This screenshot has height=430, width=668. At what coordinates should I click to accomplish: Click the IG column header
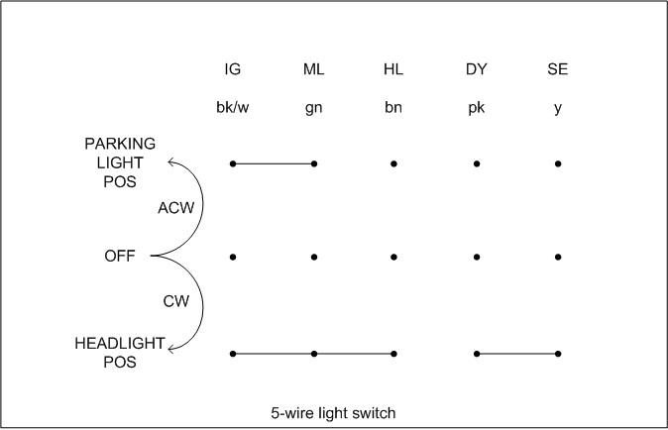coord(233,69)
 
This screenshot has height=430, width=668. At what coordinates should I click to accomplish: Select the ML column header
coord(313,69)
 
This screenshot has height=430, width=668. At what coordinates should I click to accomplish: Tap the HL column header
coord(393,69)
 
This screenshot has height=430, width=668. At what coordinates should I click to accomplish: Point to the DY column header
coord(477,69)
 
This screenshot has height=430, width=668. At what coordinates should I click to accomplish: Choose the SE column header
coord(558,69)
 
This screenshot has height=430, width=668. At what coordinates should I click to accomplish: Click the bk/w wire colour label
coord(233,108)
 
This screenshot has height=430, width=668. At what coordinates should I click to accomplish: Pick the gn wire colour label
coord(313,108)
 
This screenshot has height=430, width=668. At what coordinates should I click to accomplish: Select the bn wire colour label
coord(393,108)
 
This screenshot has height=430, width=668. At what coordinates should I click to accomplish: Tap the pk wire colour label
coord(477,108)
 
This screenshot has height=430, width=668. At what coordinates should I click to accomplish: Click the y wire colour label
coord(558,108)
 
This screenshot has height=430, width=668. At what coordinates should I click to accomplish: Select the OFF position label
coord(120,257)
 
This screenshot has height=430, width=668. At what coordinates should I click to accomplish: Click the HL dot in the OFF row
coord(393,258)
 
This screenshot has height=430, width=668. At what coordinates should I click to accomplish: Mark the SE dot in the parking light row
coord(558,162)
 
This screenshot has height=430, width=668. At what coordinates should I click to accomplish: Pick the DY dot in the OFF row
coord(477,258)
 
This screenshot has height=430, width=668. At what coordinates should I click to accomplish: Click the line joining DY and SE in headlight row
coord(517,354)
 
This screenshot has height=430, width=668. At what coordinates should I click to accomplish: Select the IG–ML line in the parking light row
coord(274,162)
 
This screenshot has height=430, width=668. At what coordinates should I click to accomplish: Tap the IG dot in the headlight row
coord(233,354)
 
